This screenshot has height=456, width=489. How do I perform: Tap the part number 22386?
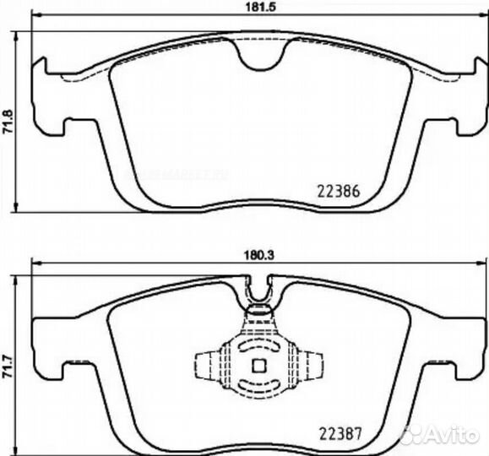(339, 190)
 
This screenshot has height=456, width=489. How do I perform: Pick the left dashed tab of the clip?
(206, 366)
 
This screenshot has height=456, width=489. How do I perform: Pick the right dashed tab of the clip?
(315, 366)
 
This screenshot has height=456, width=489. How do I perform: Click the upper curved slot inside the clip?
(260, 347)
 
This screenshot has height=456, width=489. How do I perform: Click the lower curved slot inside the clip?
(260, 386)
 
